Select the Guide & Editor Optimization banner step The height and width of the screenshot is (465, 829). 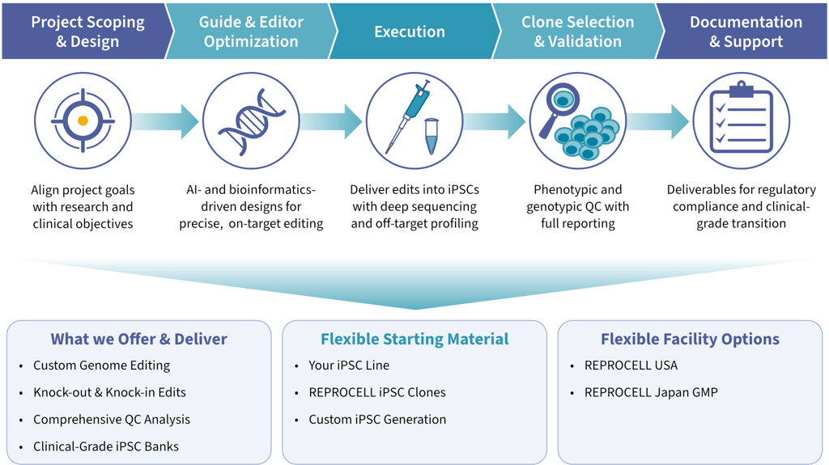(x=250, y=32)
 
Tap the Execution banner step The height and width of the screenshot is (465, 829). (x=409, y=32)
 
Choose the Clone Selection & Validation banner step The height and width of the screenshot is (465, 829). (x=577, y=32)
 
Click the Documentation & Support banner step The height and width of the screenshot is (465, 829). (x=746, y=32)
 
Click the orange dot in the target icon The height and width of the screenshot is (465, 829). (x=83, y=120)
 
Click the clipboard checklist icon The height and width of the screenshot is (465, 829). (x=738, y=119)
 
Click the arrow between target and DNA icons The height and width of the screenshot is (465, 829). (x=165, y=121)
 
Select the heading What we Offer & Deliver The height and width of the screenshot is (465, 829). (x=138, y=339)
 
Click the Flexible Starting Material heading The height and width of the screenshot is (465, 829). (x=414, y=339)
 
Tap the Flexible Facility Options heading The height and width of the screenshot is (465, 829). (x=690, y=339)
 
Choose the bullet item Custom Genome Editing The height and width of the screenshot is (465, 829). (x=101, y=366)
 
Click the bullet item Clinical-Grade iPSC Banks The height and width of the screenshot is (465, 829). (x=105, y=446)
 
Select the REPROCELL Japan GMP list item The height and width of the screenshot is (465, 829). (x=651, y=392)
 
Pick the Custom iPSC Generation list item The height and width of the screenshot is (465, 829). (x=377, y=420)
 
